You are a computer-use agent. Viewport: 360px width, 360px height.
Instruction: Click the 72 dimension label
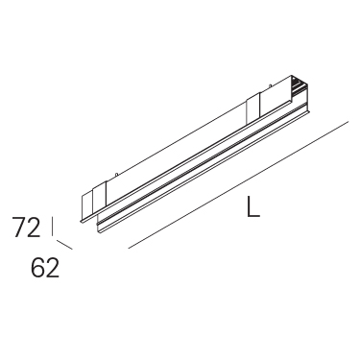coord(27,227)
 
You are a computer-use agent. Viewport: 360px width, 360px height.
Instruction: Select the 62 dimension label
coord(45,268)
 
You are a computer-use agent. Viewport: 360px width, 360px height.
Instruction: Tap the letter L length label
coord(253,206)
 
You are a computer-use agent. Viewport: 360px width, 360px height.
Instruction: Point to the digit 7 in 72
coord(19,227)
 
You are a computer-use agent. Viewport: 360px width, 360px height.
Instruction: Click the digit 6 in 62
coord(37,268)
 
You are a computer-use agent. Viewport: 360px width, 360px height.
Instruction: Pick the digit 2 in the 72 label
coord(35,227)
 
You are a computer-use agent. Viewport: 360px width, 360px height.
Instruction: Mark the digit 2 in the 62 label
coord(53,268)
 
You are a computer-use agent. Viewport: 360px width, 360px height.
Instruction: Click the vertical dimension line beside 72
coord(52,227)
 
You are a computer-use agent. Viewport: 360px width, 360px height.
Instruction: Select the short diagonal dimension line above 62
coord(64,245)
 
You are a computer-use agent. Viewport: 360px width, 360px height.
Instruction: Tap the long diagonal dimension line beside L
coord(238,184)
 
